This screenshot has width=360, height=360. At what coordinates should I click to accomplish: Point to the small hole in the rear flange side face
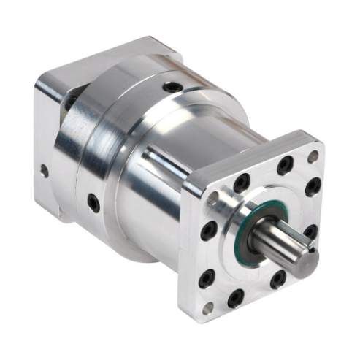click(x=45, y=172)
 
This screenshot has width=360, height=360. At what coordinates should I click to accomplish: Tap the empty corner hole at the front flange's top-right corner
click(x=313, y=156)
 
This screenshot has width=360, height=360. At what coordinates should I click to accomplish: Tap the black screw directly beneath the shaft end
click(x=278, y=279)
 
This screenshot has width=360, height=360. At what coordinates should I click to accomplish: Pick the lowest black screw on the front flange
click(x=235, y=297)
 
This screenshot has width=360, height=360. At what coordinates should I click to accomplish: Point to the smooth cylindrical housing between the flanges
click(x=157, y=190)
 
